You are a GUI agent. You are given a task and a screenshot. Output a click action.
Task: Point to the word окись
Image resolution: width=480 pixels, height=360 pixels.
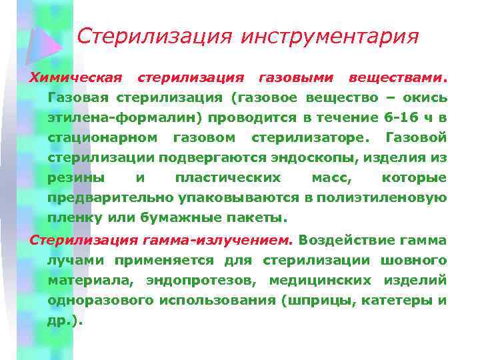pyautogui.click(x=425, y=98)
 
